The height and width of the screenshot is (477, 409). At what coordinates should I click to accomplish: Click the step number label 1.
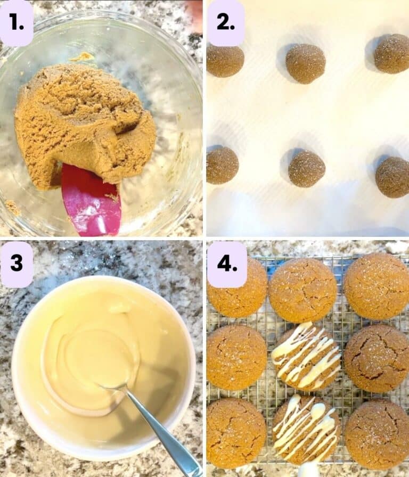[x=17, y=22]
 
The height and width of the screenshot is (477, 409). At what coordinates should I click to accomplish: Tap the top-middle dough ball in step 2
[x=305, y=63]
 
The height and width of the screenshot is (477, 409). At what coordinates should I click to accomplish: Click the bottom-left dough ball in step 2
[x=222, y=165]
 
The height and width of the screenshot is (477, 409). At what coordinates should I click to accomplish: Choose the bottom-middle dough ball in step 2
[x=307, y=169]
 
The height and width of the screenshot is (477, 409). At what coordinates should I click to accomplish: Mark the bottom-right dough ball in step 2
[x=393, y=177]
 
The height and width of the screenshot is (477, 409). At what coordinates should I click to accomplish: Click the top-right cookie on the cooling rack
[x=377, y=286]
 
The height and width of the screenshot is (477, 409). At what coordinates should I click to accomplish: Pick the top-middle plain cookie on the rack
[x=302, y=290]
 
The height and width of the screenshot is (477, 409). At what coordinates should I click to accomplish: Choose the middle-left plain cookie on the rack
[x=236, y=357]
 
